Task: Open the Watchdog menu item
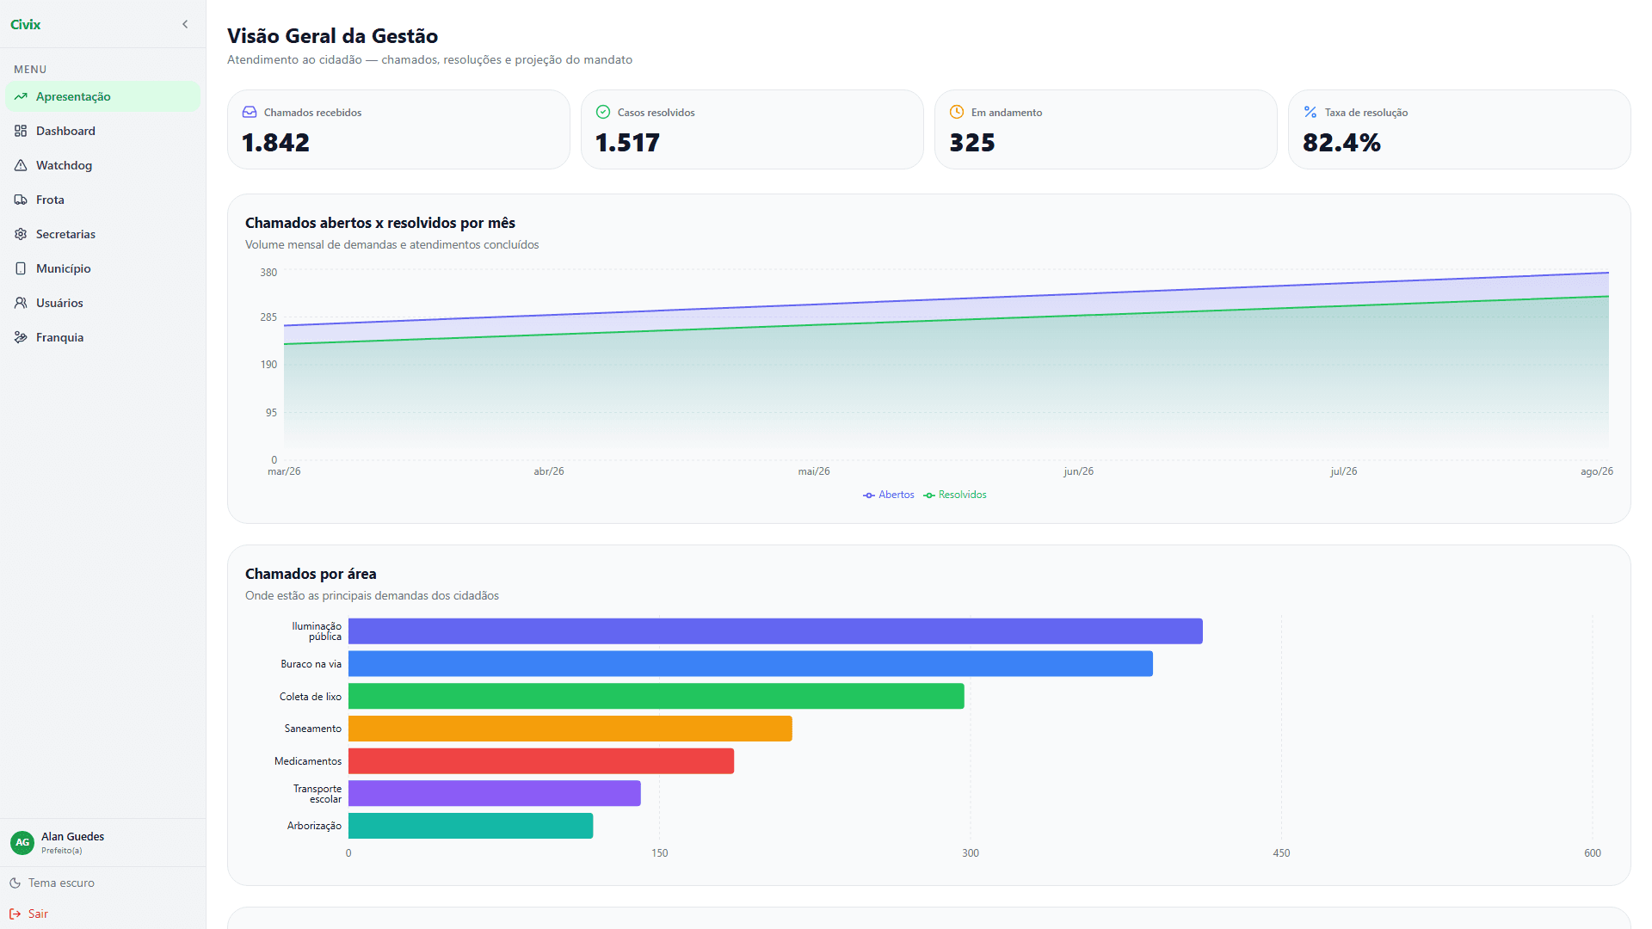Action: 64,165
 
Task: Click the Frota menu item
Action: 50,200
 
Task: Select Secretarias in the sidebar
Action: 65,234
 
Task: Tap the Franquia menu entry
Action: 59,337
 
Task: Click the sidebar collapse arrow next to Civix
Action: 185,24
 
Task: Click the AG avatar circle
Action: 22,842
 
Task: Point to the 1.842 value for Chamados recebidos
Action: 275,143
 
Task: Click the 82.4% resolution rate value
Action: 1341,143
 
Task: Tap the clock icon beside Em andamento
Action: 957,112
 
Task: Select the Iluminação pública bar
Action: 775,631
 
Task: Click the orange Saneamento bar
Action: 570,729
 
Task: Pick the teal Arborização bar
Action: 471,826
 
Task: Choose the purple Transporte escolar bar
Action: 495,793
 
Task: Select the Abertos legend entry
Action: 889,495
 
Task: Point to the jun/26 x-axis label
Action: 1078,471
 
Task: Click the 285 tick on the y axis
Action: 268,317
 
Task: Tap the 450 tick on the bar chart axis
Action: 1281,853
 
